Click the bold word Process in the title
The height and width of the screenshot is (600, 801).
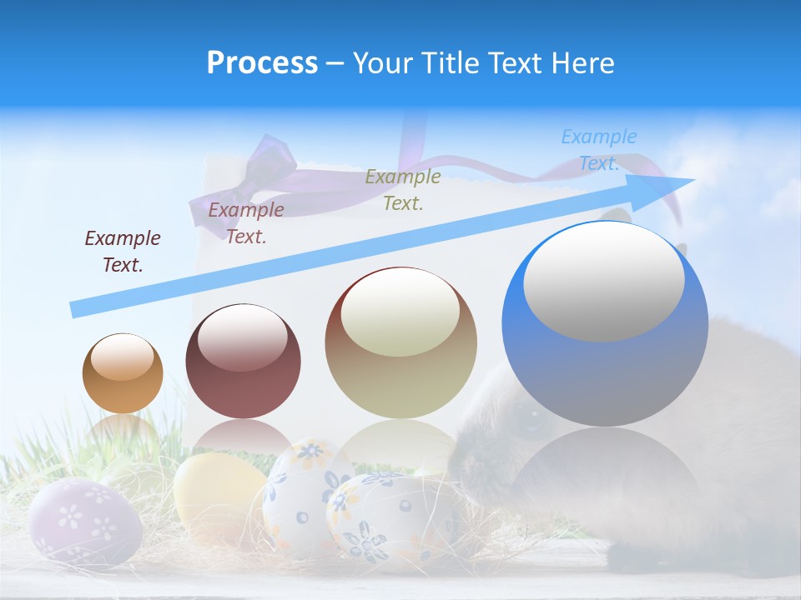point(262,63)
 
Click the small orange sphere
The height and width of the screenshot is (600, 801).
point(123,373)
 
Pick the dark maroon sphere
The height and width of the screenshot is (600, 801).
point(243,361)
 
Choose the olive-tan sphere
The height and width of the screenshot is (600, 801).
point(400,343)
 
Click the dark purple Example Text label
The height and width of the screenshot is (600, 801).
point(123,252)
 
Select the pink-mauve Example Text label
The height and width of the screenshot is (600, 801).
point(246,223)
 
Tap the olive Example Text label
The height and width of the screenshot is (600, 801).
point(403,189)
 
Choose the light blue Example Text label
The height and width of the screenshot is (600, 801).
point(598,150)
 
